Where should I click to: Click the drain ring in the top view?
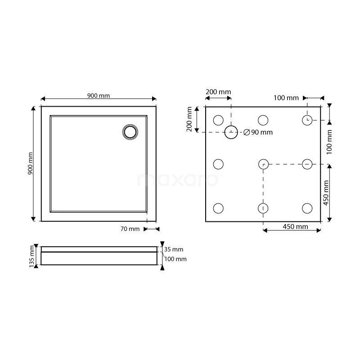pos(130,126)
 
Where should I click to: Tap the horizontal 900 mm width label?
pos(99,95)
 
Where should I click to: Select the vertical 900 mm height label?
pos(30,163)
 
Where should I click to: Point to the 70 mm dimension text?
pos(130,229)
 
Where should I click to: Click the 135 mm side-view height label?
pos(31,256)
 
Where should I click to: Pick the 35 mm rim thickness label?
pos(174,249)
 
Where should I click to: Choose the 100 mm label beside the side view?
pos(175,259)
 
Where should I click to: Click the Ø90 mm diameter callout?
pos(258,132)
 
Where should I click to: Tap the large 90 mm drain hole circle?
pos(231,126)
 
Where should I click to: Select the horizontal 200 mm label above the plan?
pos(218,92)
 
